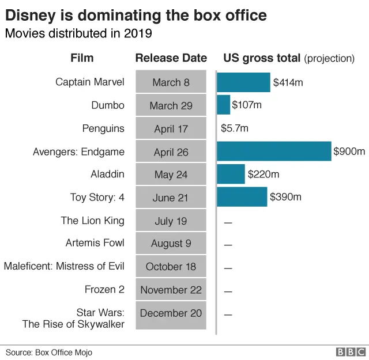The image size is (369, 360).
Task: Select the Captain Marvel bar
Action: pyautogui.click(x=243, y=82)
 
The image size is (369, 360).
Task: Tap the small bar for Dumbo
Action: pyautogui.click(x=223, y=105)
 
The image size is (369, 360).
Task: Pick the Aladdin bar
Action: pyautogui.click(x=231, y=174)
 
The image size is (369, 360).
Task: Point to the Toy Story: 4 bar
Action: pyautogui.click(x=242, y=197)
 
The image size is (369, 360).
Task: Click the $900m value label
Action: pyautogui.click(x=349, y=152)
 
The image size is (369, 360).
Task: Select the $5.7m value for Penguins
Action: pyautogui.click(x=235, y=128)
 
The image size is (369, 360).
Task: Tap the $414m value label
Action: pyautogui.click(x=288, y=82)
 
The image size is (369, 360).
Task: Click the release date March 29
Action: pyautogui.click(x=171, y=105)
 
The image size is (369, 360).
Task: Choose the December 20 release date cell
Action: pyautogui.click(x=171, y=313)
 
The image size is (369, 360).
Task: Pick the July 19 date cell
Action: pyautogui.click(x=171, y=221)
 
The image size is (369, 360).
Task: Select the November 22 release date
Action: pyautogui.click(x=171, y=290)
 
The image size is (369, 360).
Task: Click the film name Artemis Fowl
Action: pyautogui.click(x=95, y=243)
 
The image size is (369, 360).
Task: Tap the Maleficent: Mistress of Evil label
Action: pyautogui.click(x=64, y=266)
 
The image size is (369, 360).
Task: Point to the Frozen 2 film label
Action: pyautogui.click(x=104, y=289)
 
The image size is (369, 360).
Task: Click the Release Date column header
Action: pyautogui.click(x=171, y=58)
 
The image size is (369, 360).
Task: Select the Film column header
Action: pyautogui.click(x=82, y=58)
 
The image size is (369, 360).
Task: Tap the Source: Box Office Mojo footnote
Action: pyautogui.click(x=49, y=352)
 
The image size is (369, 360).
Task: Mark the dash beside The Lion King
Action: pyautogui.click(x=228, y=222)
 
